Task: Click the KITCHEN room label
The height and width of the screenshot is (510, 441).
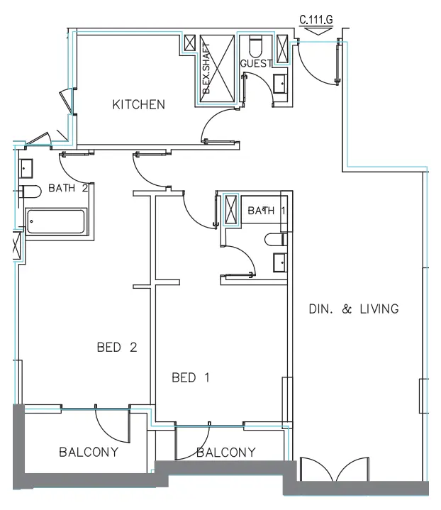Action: pyautogui.click(x=139, y=105)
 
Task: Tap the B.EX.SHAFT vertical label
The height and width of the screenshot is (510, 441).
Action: pyautogui.click(x=206, y=69)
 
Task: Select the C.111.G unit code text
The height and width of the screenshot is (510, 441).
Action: pyautogui.click(x=316, y=20)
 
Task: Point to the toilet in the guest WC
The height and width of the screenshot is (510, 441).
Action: pyautogui.click(x=256, y=47)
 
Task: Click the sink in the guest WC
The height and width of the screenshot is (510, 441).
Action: pyautogui.click(x=280, y=84)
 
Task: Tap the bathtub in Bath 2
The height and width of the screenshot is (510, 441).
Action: pyautogui.click(x=56, y=222)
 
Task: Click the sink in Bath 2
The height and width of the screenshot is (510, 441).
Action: pyautogui.click(x=26, y=168)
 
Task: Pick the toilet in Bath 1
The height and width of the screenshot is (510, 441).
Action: pyautogui.click(x=276, y=240)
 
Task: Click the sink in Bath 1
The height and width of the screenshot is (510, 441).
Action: pyautogui.click(x=280, y=262)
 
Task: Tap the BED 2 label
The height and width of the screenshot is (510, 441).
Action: pyautogui.click(x=117, y=348)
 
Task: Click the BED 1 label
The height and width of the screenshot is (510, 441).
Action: pyautogui.click(x=191, y=377)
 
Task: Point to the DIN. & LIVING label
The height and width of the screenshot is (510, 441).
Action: pyautogui.click(x=354, y=309)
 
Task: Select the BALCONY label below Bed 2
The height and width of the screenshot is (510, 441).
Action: pyautogui.click(x=89, y=452)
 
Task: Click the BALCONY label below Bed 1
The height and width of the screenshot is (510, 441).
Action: pyautogui.click(x=226, y=452)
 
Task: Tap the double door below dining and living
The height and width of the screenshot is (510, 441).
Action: pyautogui.click(x=335, y=470)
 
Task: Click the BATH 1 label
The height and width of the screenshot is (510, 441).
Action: pyautogui.click(x=267, y=211)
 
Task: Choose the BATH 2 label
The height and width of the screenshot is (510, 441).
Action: pyautogui.click(x=68, y=188)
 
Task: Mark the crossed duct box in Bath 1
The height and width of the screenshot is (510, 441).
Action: pyautogui.click(x=231, y=209)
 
